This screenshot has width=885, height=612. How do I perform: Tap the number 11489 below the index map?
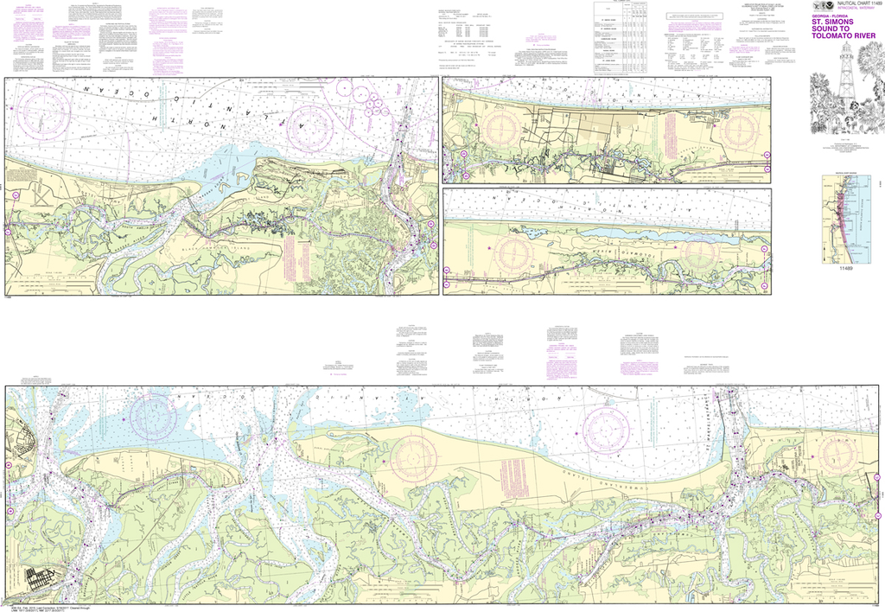tap(847, 271)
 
